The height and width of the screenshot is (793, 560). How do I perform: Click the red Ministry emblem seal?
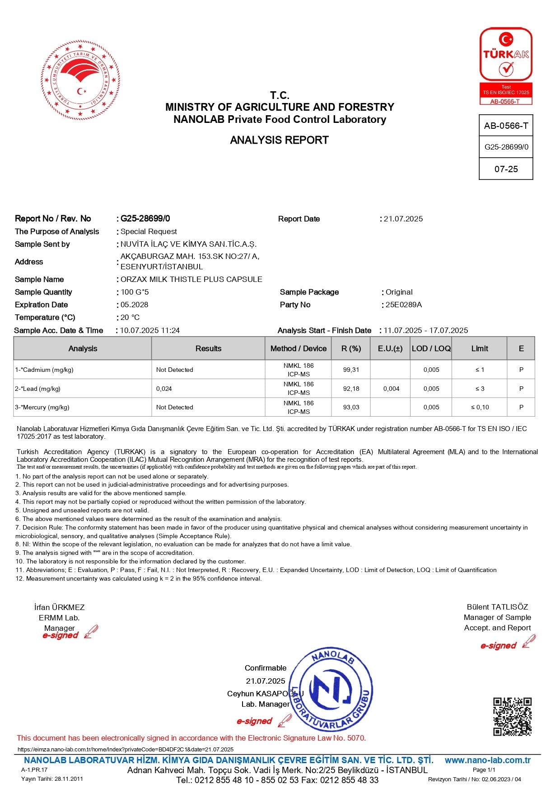coord(80,80)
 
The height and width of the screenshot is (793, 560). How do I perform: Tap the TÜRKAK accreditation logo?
coord(506,66)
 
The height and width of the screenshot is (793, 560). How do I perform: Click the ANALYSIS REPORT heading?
coord(279,140)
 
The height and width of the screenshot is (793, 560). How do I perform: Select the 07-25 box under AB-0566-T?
coord(506,169)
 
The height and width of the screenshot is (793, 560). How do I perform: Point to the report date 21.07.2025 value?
coord(403,219)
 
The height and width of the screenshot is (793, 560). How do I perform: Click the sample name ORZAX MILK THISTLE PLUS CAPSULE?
coord(191,279)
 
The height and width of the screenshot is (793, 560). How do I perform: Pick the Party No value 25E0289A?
coord(403,305)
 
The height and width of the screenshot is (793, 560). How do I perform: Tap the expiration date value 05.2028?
coord(134,305)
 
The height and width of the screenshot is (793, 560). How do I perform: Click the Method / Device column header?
coord(298,348)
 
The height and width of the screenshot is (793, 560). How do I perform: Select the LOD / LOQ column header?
coord(431,348)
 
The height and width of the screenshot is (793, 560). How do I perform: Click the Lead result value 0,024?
coord(164,389)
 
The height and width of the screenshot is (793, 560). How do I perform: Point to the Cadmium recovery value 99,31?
coord(351,370)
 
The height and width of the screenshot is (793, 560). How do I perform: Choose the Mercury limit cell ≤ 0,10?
coord(480,407)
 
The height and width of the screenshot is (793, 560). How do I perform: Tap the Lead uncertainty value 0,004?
coord(391,389)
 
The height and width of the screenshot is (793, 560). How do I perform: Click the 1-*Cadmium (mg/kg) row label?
coord(44,370)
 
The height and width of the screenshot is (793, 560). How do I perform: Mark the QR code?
coord(512,717)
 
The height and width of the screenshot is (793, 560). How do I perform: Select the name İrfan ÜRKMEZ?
coord(59,607)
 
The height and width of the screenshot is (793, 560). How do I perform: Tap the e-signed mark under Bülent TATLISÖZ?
coord(499,646)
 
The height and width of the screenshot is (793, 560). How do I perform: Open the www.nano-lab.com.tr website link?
coord(487,760)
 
